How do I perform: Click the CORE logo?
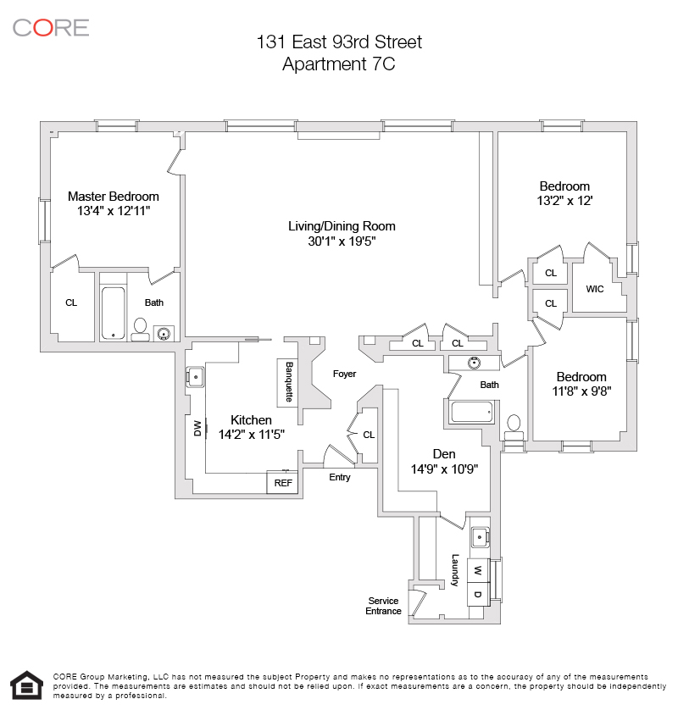(51, 28)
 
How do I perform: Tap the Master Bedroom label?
(114, 197)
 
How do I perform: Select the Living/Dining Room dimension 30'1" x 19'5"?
(342, 241)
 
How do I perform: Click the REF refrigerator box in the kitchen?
(282, 483)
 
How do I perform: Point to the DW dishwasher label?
(197, 428)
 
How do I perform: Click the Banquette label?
(289, 382)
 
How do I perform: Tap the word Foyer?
(344, 374)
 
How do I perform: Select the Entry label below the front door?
(340, 477)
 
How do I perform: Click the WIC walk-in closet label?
(595, 289)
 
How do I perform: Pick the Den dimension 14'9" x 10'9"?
(444, 469)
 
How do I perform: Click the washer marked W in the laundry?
(478, 570)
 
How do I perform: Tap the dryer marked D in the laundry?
(478, 594)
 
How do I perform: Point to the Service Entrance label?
(383, 606)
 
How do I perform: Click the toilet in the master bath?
(141, 330)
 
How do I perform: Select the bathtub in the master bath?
(113, 313)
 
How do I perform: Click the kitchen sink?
(196, 377)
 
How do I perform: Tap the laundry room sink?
(480, 537)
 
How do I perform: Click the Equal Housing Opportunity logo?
(27, 685)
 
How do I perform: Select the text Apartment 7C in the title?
(339, 64)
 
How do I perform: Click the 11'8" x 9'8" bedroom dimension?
(581, 391)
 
